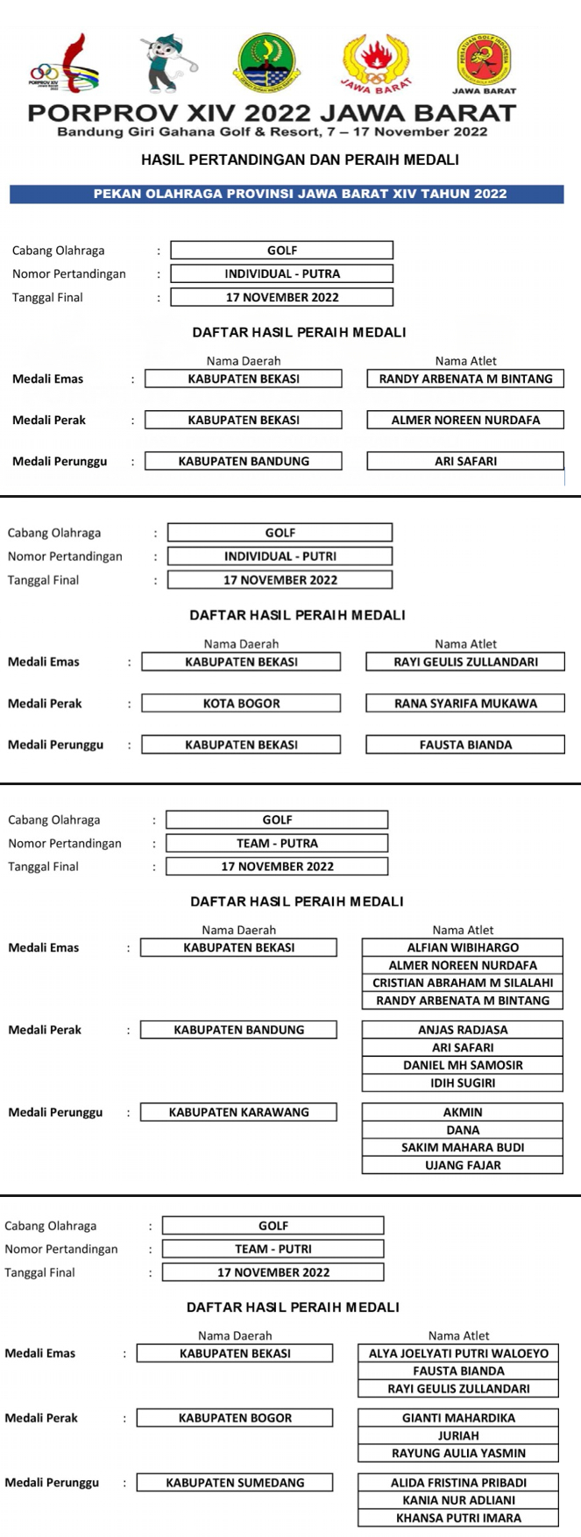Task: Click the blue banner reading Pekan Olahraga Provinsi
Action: [287, 194]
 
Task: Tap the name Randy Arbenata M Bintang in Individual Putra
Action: [465, 379]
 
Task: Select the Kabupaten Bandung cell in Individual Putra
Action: [244, 461]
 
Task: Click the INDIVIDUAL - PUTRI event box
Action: [280, 556]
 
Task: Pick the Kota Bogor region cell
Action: [241, 703]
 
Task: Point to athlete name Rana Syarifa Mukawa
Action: [465, 703]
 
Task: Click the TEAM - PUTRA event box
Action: [277, 843]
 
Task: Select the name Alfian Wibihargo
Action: [463, 947]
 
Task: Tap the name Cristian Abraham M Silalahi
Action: [463, 982]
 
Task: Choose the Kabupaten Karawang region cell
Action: [238, 1112]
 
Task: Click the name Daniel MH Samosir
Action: [463, 1065]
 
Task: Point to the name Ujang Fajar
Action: [463, 1165]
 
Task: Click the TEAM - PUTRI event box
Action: [273, 1249]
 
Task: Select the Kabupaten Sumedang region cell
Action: [235, 1483]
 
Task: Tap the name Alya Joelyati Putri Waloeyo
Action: [458, 1353]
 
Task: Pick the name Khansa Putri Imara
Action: [458, 1518]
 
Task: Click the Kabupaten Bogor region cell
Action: [235, 1418]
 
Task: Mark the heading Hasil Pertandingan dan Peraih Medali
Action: [300, 159]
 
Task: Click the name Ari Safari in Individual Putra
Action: [465, 461]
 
